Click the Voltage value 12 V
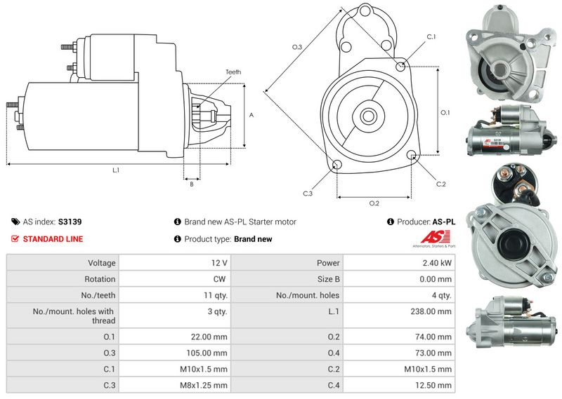click(x=219, y=263)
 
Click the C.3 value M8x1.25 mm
click(x=204, y=385)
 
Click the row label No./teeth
click(x=98, y=295)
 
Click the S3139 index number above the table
click(x=70, y=222)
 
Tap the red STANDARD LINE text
click(x=53, y=239)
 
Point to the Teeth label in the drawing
click(x=233, y=72)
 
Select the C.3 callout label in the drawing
click(x=308, y=194)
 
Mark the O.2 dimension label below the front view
click(x=374, y=203)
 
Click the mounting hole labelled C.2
click(x=412, y=156)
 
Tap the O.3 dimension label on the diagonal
click(x=296, y=47)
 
